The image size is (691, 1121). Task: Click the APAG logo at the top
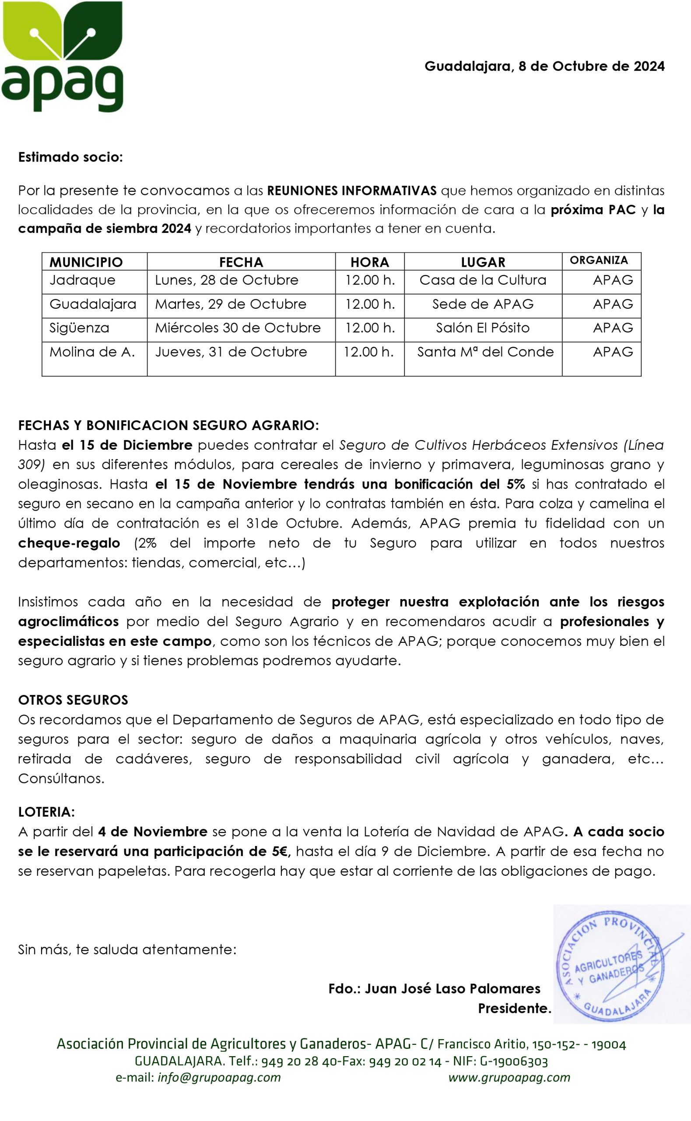tap(63, 56)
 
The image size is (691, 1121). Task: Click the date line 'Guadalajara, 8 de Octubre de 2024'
tap(544, 66)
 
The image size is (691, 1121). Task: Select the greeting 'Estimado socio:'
tap(70, 157)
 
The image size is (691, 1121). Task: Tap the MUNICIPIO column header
tap(86, 262)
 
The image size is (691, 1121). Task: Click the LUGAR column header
tap(483, 262)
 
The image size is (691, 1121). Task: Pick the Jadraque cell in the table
tap(82, 280)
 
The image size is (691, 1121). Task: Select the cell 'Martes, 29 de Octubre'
tap(231, 304)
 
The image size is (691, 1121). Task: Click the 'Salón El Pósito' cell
tap(483, 328)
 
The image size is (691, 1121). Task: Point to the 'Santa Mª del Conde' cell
tap(485, 352)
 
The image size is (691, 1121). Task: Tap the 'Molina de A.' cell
tap(92, 352)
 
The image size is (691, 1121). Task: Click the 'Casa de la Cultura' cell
tap(483, 280)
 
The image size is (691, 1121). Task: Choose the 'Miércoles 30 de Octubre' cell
tap(238, 328)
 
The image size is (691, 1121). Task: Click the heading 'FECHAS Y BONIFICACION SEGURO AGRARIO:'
tap(168, 425)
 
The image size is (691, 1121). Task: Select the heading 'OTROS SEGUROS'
tap(73, 700)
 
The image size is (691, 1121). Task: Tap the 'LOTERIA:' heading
tap(46, 812)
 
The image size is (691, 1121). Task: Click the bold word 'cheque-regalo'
tap(69, 543)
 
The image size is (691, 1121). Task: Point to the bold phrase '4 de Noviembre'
tap(153, 832)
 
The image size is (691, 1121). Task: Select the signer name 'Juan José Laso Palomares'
tap(452, 989)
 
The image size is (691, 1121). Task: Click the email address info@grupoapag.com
tap(219, 1078)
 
